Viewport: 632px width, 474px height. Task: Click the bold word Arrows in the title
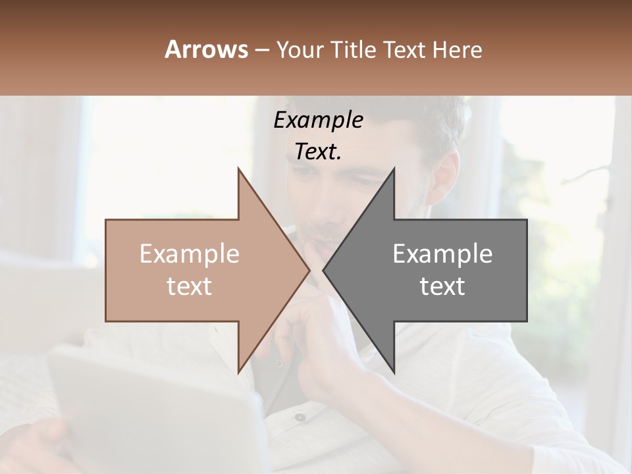pyautogui.click(x=206, y=49)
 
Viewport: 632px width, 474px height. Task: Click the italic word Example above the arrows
pyautogui.click(x=318, y=120)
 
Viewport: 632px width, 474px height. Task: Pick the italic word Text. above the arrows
pyautogui.click(x=318, y=151)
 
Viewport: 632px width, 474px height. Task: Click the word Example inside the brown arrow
pyautogui.click(x=190, y=254)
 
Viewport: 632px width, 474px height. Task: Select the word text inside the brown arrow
pyautogui.click(x=190, y=286)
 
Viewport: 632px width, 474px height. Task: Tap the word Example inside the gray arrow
pyautogui.click(x=442, y=254)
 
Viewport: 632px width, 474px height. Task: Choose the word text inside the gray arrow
pyautogui.click(x=442, y=286)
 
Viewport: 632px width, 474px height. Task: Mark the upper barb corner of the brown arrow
pyautogui.click(x=238, y=169)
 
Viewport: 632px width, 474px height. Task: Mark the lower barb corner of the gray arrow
pyautogui.click(x=394, y=373)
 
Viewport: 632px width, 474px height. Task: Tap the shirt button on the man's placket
pyautogui.click(x=301, y=417)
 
